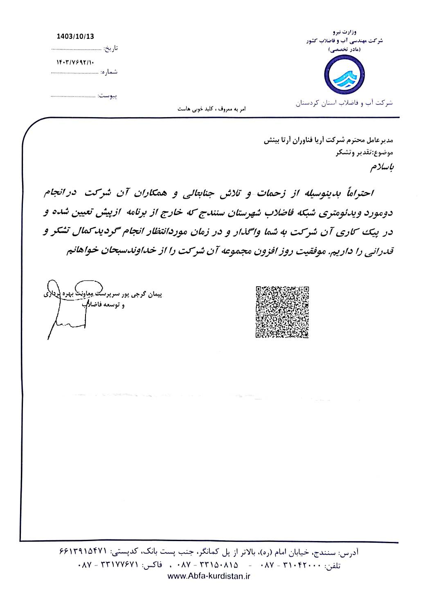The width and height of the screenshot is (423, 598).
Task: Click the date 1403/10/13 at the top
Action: [75, 36]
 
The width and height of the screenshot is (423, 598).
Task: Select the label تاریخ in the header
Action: [111, 48]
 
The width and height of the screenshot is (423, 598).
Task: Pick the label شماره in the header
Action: [110, 72]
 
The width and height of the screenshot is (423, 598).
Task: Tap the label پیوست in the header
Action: [108, 96]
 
